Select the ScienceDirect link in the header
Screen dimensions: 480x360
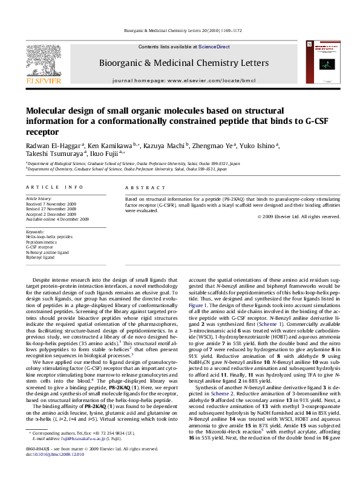[x=214, y=47]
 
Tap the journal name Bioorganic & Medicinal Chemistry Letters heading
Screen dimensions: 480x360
[x=184, y=63]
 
